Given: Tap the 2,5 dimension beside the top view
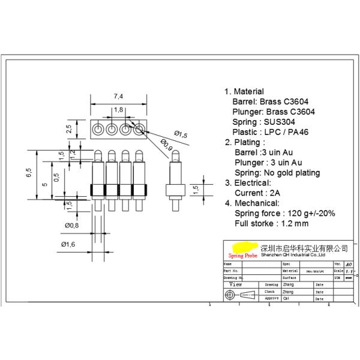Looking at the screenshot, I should (x=69, y=129).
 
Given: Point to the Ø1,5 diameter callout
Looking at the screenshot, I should (x=181, y=135).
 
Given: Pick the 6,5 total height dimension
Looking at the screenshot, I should (x=29, y=173).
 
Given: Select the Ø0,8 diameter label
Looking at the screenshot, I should (x=72, y=226).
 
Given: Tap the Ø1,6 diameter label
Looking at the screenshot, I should (x=68, y=244).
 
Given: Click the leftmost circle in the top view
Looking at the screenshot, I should (x=98, y=129).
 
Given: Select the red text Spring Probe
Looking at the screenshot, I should (x=241, y=255).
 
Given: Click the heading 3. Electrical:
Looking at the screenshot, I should (x=248, y=183).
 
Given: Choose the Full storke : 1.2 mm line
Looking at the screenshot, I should (x=271, y=224).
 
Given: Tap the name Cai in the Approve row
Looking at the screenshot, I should (x=286, y=298).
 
